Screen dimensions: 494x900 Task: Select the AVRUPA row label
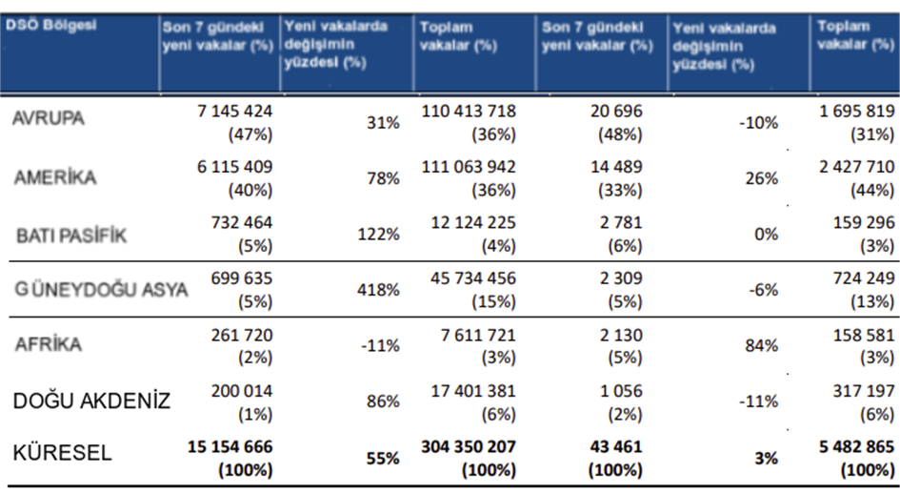[x=49, y=119]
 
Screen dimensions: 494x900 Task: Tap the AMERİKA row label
[x=55, y=177]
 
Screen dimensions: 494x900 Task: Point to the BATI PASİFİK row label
[x=71, y=234]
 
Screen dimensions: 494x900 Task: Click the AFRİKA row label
[x=50, y=345]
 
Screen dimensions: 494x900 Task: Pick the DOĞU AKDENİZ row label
[x=91, y=401]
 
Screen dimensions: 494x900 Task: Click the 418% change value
[x=380, y=290]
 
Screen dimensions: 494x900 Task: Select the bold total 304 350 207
[x=467, y=445]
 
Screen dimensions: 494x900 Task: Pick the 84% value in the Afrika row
[x=763, y=345]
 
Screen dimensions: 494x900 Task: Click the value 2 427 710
[x=855, y=167]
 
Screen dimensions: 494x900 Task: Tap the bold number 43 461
[x=615, y=445]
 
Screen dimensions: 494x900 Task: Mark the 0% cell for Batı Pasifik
[x=767, y=234]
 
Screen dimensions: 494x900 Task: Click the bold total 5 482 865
[x=853, y=445]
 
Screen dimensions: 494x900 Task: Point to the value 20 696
[x=616, y=111]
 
